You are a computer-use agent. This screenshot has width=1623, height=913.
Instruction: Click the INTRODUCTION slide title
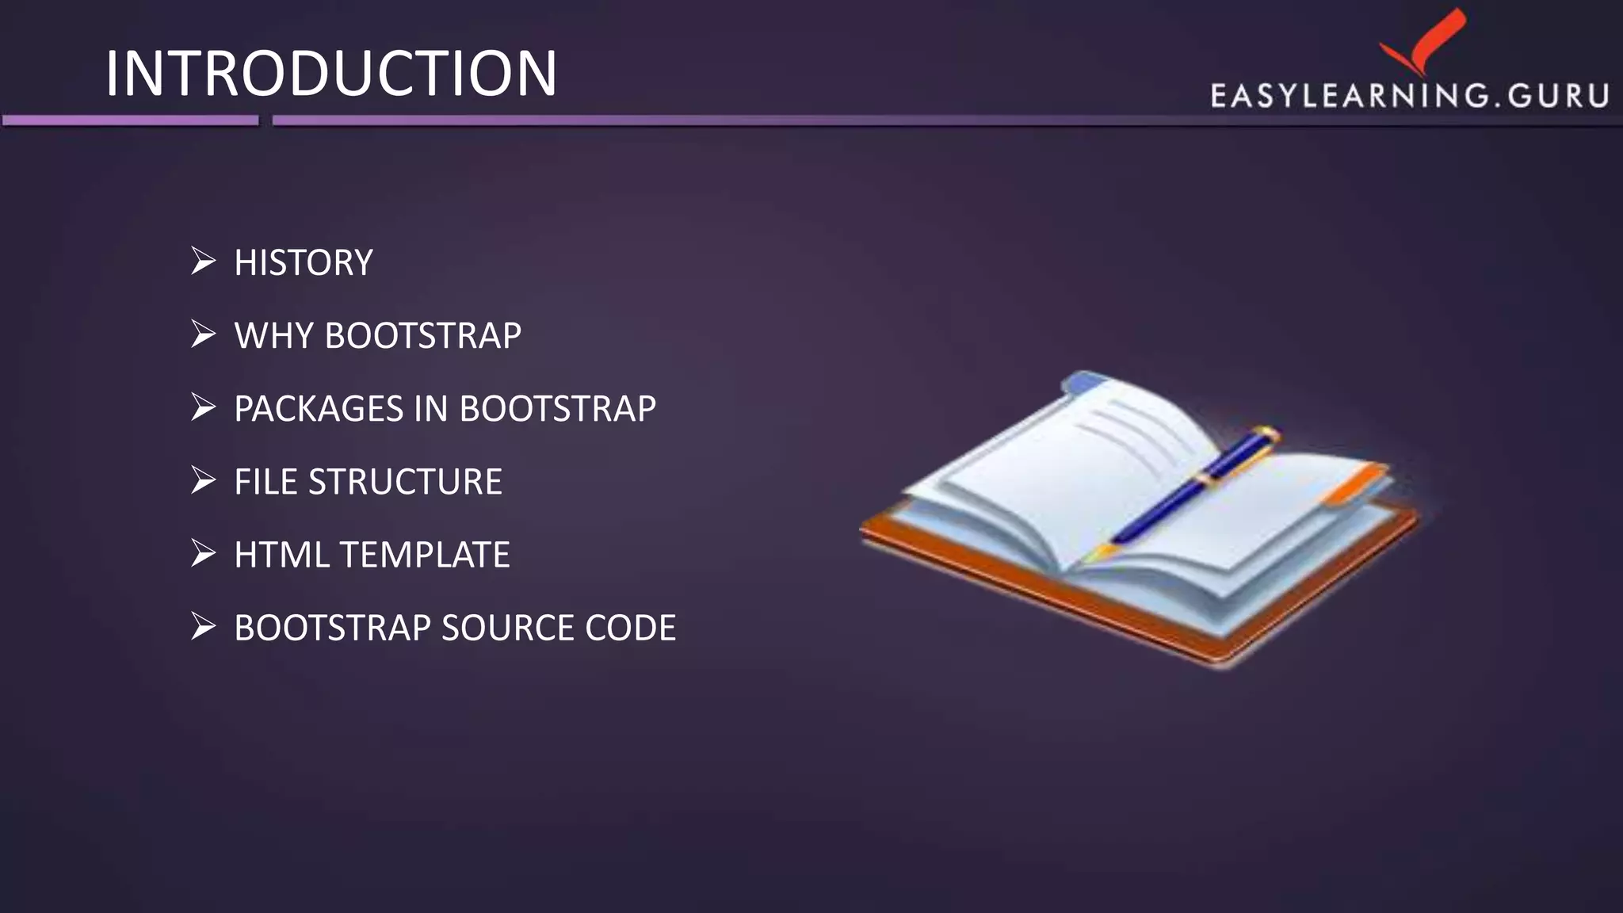click(331, 74)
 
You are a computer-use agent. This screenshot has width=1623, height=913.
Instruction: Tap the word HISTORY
click(304, 263)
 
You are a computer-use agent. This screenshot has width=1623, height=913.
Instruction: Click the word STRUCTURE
click(405, 482)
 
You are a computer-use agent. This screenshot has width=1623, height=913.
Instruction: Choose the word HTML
click(281, 555)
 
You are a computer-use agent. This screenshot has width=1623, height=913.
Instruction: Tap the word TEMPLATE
click(426, 555)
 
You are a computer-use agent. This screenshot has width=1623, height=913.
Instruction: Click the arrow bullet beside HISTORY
click(203, 261)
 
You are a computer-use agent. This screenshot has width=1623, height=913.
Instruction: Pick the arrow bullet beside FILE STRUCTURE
click(203, 480)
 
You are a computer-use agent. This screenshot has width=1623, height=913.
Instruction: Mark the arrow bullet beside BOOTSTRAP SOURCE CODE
click(203, 626)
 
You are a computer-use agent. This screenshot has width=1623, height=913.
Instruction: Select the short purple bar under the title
click(130, 120)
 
